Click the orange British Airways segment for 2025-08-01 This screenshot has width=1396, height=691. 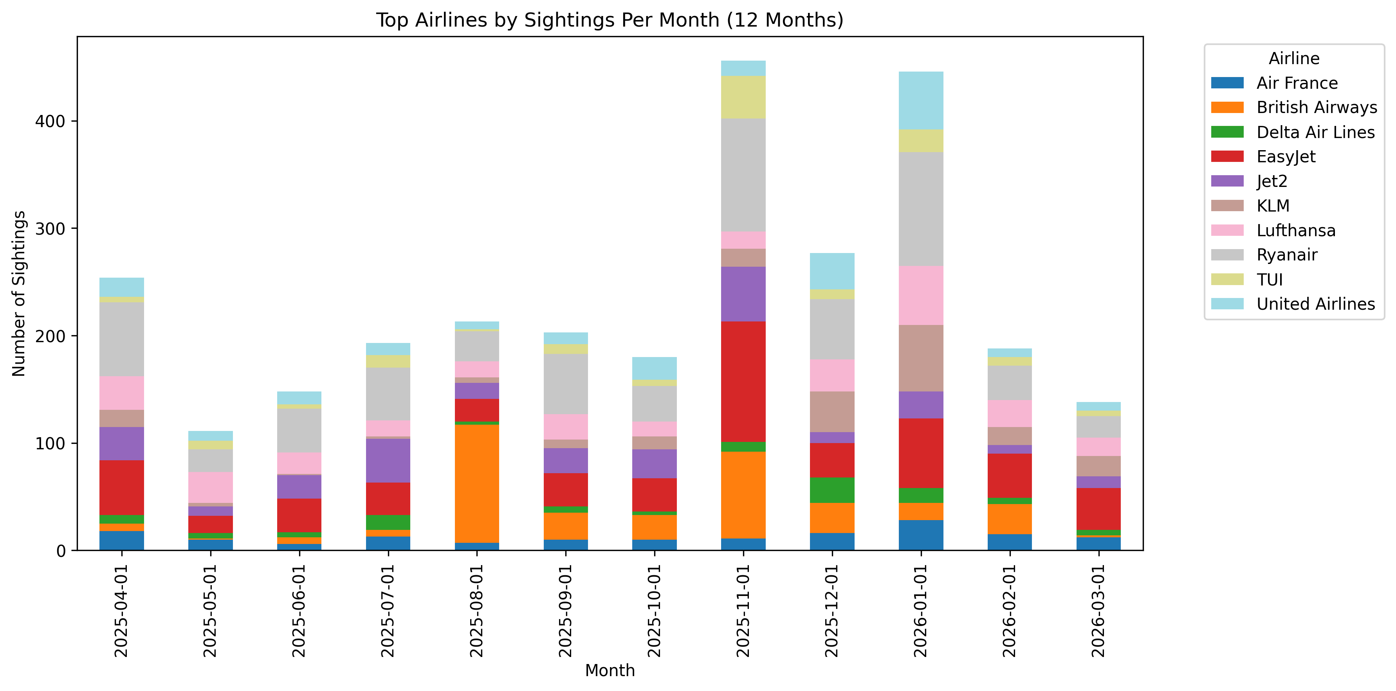pyautogui.click(x=476, y=484)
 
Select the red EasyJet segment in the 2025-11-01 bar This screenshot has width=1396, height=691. pyautogui.click(x=743, y=382)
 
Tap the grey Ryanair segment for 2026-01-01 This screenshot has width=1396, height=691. pyautogui.click(x=921, y=209)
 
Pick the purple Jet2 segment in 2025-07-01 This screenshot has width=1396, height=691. pyautogui.click(x=388, y=460)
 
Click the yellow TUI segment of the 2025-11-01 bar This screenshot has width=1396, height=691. pyautogui.click(x=743, y=97)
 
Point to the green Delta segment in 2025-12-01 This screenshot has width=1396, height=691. pyautogui.click(x=832, y=490)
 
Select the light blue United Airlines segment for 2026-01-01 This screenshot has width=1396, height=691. pyautogui.click(x=921, y=101)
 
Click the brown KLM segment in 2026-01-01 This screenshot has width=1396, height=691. pyautogui.click(x=921, y=358)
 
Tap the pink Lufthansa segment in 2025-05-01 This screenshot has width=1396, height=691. pyautogui.click(x=210, y=487)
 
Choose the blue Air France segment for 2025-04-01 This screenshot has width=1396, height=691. pyautogui.click(x=121, y=540)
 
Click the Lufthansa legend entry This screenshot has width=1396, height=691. pyautogui.click(x=1296, y=230)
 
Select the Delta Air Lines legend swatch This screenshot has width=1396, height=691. pyautogui.click(x=1227, y=132)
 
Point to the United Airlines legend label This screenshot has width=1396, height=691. pyautogui.click(x=1315, y=304)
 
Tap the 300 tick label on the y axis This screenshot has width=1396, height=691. pyautogui.click(x=50, y=228)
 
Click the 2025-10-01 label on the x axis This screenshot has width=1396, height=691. pyautogui.click(x=654, y=611)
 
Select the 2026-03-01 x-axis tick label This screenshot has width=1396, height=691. pyautogui.click(x=1098, y=611)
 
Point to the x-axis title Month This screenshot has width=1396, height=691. pyautogui.click(x=610, y=670)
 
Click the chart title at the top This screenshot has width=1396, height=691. pyautogui.click(x=610, y=20)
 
